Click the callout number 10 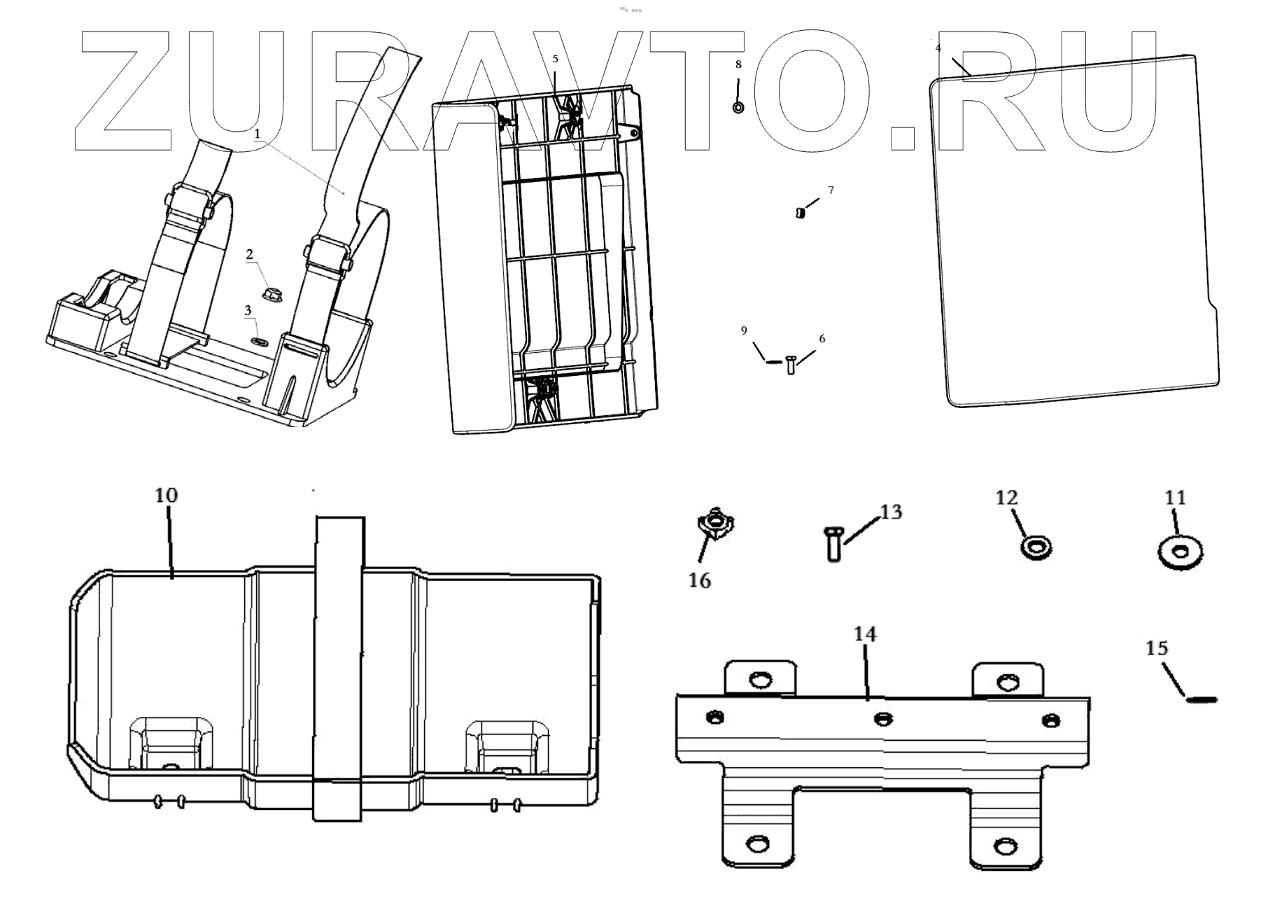tap(167, 496)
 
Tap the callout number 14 tap(865, 634)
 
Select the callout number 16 tap(700, 580)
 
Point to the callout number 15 tap(1157, 648)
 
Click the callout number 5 tap(556, 59)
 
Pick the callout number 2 tap(249, 255)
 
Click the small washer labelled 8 tap(738, 108)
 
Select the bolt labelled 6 tap(791, 364)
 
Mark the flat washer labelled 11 tap(1180, 552)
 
